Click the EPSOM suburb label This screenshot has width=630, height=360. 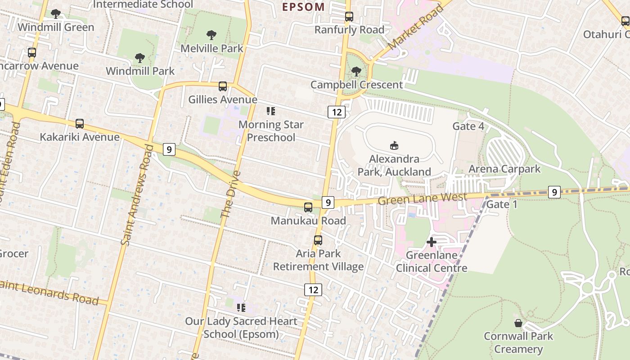303,7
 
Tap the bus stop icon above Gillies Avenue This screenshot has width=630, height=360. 222,86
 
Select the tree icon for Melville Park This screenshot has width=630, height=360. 211,35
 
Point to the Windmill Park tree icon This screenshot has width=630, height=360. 140,58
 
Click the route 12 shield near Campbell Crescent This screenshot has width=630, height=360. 336,112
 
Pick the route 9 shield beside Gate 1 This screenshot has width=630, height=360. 554,192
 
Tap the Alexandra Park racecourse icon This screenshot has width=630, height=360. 394,145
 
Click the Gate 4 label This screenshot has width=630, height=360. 468,126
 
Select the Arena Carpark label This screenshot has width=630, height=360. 504,169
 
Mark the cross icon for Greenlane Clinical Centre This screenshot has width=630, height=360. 431,242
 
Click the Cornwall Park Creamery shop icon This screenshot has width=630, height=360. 518,323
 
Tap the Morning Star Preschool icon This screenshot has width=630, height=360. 270,111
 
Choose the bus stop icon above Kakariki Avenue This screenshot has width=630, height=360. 80,124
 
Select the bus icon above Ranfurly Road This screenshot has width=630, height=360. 349,17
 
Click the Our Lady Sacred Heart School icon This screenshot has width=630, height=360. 241,308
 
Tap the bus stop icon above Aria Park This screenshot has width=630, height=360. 318,240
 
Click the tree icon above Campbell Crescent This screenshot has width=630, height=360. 356,71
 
